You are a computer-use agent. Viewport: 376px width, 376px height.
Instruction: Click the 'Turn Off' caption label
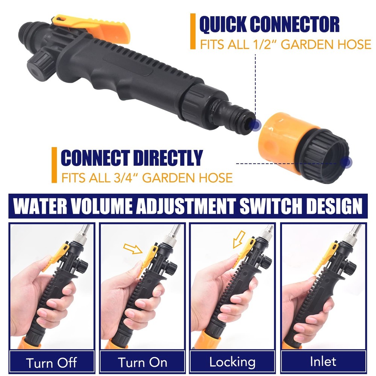click(x=52, y=362)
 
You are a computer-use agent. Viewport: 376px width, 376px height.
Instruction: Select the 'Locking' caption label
click(x=232, y=362)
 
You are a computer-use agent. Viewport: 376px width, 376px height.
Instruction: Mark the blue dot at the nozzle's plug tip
click(x=256, y=125)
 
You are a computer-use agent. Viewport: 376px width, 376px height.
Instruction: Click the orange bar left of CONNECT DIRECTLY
click(x=55, y=165)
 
